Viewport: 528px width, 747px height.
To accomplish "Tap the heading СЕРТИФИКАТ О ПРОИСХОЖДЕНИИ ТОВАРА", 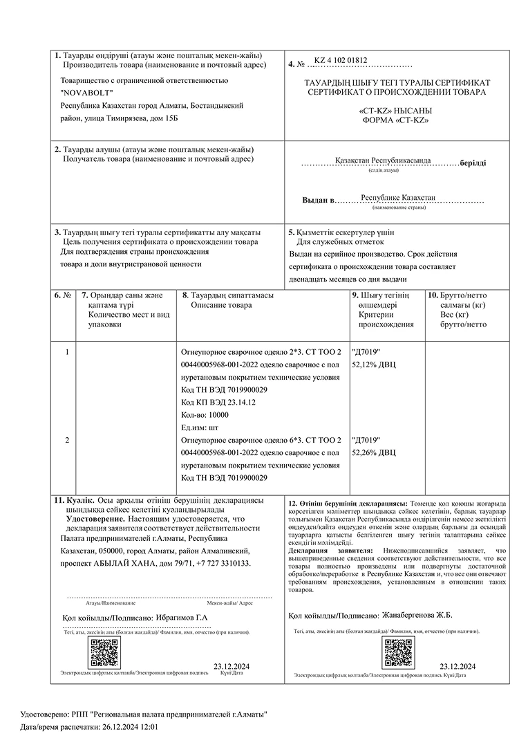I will tap(396, 92).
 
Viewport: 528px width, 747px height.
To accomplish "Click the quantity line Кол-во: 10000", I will tap(204, 415).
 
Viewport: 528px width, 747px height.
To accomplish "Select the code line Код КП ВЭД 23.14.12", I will tap(218, 403).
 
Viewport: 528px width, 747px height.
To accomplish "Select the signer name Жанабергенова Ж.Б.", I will tap(417, 614).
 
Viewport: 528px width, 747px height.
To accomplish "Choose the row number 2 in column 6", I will tap(66, 440).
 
